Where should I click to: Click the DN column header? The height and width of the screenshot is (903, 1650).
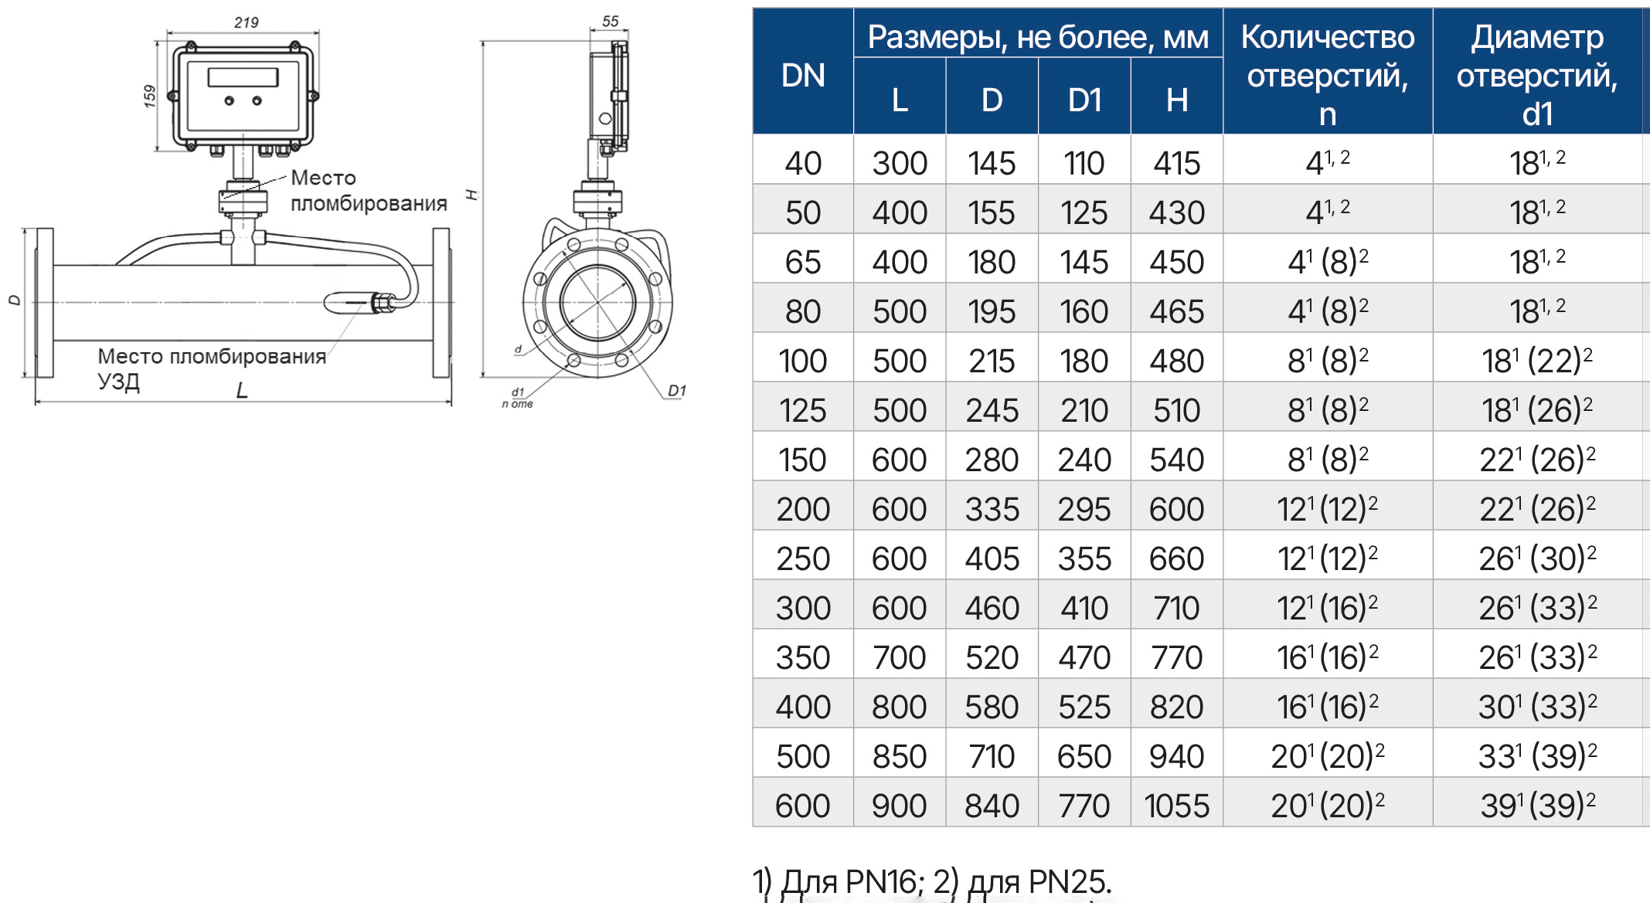click(803, 76)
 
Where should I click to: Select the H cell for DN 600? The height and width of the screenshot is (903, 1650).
click(1176, 806)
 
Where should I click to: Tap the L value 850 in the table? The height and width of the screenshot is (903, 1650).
click(900, 756)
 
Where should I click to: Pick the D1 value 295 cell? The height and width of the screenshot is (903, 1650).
click(1084, 509)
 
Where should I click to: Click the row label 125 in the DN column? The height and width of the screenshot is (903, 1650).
click(803, 410)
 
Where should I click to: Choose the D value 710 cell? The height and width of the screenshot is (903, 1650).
click(992, 756)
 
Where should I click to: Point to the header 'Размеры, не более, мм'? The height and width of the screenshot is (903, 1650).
click(1038, 37)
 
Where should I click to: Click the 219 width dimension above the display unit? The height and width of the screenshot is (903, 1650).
click(247, 22)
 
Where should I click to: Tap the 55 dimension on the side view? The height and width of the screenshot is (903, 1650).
click(611, 22)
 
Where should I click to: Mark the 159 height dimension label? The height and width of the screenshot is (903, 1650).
click(150, 96)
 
